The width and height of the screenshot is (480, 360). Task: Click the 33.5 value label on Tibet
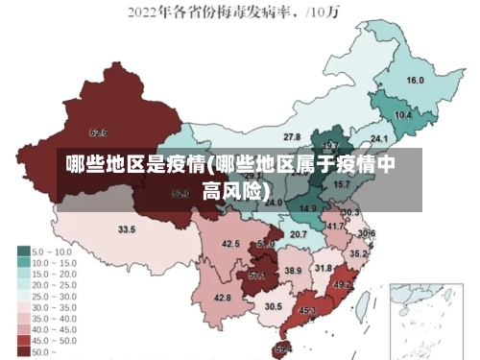click(127, 229)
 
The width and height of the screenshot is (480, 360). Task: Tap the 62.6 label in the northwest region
click(98, 132)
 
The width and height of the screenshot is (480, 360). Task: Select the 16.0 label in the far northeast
click(416, 81)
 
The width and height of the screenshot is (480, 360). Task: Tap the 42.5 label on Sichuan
click(230, 245)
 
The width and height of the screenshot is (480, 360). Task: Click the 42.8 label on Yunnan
click(223, 299)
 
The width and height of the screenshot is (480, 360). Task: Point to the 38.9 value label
click(293, 272)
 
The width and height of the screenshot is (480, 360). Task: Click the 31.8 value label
click(324, 268)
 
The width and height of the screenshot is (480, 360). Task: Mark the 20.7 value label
click(299, 234)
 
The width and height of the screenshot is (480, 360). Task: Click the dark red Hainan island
click(283, 347)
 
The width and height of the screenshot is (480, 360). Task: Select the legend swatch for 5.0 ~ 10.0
click(23, 251)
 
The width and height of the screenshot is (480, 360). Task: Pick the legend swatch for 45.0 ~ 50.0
click(23, 340)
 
